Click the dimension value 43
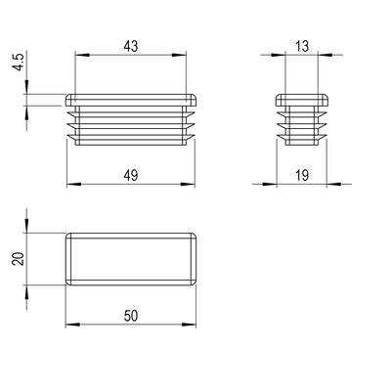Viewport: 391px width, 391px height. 131,46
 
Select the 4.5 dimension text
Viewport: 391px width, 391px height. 19,62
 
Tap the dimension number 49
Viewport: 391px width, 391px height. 131,175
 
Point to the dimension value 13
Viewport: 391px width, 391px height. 302,46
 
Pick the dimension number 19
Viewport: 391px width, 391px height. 302,176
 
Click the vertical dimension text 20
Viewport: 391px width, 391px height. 19,258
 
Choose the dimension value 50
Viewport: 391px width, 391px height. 131,316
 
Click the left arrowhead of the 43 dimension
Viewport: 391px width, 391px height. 82,55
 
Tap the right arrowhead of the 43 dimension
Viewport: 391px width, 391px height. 179,55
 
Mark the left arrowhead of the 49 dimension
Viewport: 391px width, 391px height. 73,185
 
